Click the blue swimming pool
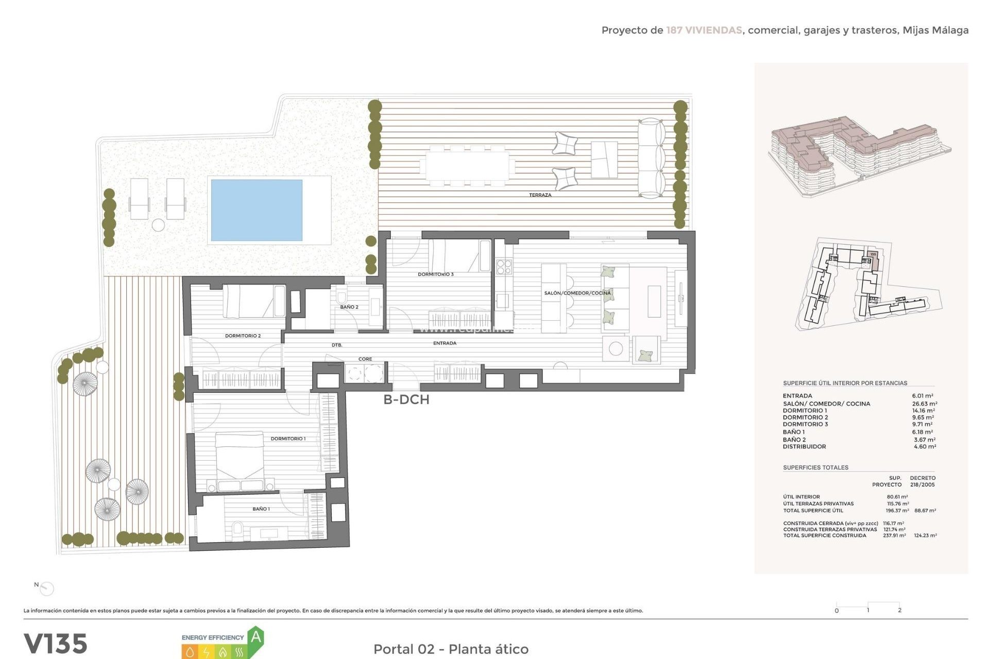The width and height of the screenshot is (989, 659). tap(257, 210)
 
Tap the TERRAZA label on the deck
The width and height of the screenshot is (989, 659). tap(540, 195)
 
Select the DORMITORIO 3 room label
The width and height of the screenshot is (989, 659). tap(436, 274)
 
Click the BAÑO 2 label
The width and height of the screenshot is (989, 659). tap(349, 307)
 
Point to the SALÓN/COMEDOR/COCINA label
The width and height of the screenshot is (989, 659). tap(577, 293)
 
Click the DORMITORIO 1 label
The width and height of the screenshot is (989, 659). tap(288, 439)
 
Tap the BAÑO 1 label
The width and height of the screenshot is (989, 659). tap(261, 509)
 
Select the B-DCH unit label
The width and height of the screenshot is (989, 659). tap(406, 400)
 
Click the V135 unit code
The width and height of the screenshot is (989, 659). tap(56, 644)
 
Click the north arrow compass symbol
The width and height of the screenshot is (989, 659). tap(46, 588)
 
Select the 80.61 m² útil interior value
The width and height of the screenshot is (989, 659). tap(897, 497)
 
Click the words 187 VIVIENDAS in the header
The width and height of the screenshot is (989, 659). tap(704, 30)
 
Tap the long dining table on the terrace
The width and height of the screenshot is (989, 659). tap(467, 165)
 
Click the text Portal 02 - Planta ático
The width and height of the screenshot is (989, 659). tap(451, 649)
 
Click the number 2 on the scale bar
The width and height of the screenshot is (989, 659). tap(899, 610)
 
